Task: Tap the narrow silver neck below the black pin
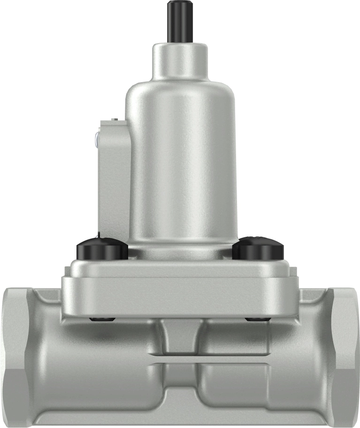pos(180,61)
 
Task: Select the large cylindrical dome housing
pos(181,160)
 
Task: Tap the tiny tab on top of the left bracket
pos(114,121)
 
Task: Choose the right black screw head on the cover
pos(259,249)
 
